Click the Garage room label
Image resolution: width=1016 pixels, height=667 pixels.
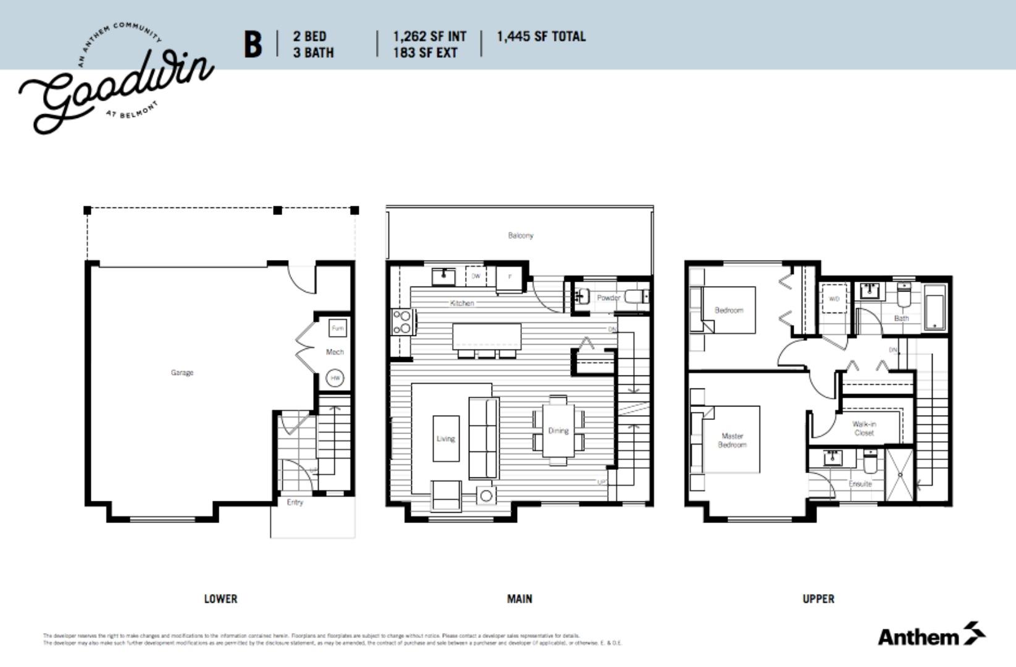coord(182,372)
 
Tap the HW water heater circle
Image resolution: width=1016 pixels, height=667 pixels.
coord(335,378)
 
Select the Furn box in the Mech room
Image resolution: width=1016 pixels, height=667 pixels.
coord(337,328)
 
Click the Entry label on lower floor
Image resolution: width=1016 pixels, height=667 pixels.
coord(295,502)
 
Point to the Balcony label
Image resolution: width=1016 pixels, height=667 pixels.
coord(521,235)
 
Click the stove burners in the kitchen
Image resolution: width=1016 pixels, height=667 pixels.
coord(401,322)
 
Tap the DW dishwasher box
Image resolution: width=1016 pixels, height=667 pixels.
coord(476,276)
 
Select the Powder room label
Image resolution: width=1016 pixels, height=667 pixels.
coord(608,298)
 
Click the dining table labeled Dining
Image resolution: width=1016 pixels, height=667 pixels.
coord(558,430)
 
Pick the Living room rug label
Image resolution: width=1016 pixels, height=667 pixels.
coord(445,438)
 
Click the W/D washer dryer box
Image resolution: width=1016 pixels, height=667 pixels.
coord(834,298)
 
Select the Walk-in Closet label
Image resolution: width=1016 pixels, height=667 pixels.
coord(864,428)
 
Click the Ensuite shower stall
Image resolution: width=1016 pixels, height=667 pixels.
coord(899,474)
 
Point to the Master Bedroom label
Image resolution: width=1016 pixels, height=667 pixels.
coord(732,440)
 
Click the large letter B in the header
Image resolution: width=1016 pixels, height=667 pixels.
coord(253,44)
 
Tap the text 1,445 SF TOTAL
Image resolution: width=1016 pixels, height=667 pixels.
coord(541,36)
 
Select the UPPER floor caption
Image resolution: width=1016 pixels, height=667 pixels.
coord(818,598)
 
